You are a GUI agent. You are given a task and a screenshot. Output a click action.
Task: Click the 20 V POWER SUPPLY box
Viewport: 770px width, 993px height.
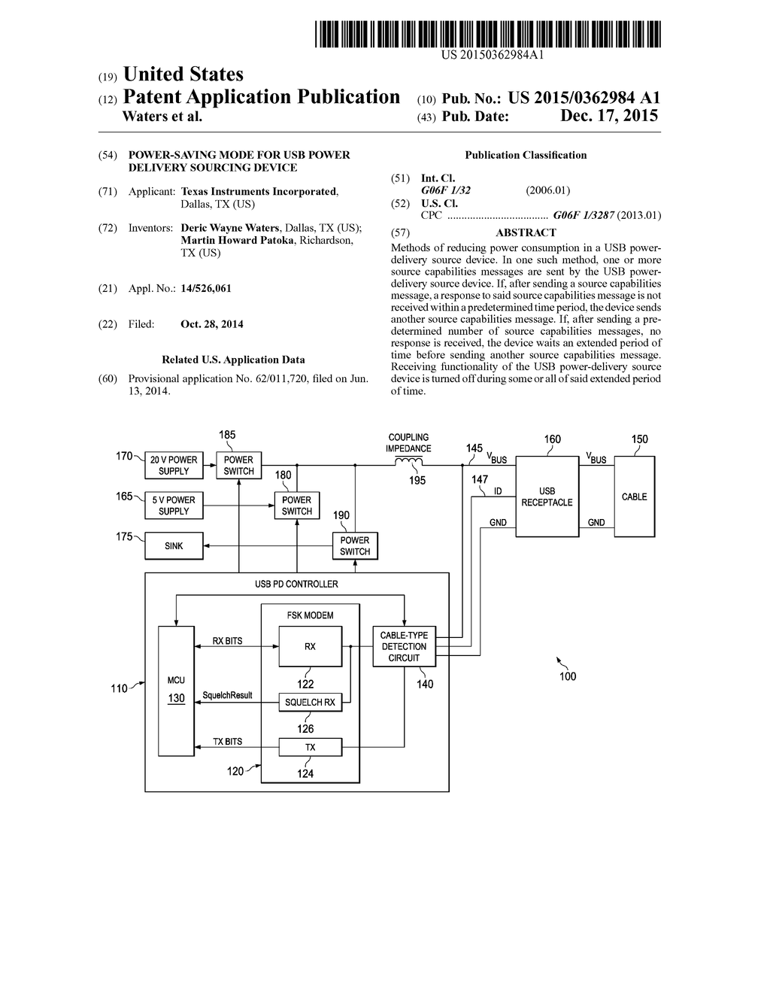point(174,466)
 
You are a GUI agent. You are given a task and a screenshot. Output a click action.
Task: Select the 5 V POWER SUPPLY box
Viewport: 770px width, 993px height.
point(174,506)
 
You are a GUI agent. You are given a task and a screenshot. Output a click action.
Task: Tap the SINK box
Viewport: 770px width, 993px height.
point(174,546)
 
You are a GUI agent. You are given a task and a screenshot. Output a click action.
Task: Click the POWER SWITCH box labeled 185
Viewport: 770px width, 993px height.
point(238,466)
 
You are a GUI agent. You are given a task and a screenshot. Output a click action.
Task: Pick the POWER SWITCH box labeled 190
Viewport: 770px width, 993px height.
point(355,546)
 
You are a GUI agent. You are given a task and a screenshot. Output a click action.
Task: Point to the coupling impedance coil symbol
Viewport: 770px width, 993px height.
point(408,463)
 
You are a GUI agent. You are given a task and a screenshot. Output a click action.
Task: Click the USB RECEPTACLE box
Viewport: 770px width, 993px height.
point(547,496)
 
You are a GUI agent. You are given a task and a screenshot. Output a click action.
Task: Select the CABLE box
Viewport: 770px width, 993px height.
point(634,496)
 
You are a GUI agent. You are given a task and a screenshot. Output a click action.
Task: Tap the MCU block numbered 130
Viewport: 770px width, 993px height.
point(175,688)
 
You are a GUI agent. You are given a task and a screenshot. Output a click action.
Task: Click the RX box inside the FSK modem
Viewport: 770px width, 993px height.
point(310,646)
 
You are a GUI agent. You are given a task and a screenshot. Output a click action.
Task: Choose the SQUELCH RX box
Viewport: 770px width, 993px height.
point(310,703)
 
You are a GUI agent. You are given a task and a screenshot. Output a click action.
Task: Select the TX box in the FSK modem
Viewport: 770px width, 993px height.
point(310,747)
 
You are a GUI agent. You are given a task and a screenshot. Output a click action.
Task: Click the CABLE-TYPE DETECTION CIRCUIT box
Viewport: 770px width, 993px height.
point(404,646)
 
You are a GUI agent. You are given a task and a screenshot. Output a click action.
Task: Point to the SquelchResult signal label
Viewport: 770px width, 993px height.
point(227,696)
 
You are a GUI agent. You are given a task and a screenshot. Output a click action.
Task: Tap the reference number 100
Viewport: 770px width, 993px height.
point(568,676)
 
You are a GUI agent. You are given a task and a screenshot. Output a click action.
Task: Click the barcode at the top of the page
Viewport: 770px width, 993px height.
point(488,35)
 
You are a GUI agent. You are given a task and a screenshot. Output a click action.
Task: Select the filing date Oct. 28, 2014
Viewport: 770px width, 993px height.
point(212,324)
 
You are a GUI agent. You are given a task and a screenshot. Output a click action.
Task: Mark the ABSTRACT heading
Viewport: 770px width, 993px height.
point(526,233)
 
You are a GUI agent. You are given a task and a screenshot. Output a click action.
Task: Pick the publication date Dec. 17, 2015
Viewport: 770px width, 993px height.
point(609,116)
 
